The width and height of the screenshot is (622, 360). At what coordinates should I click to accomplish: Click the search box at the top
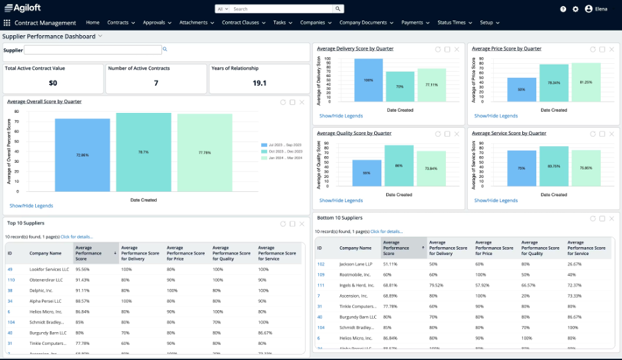pyautogui.click(x=282, y=9)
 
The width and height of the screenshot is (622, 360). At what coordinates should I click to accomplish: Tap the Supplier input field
pyautogui.click(x=93, y=50)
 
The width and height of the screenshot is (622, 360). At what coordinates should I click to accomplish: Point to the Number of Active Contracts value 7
pyautogui.click(x=156, y=83)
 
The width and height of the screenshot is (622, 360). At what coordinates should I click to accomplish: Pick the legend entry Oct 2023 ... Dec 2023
pyautogui.click(x=284, y=151)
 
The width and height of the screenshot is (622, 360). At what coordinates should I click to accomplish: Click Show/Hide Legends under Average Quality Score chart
pyautogui.click(x=341, y=200)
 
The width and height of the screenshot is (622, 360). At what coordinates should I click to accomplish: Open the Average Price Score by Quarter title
pyautogui.click(x=506, y=48)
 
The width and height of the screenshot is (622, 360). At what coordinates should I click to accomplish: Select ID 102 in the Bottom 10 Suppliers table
pyautogui.click(x=320, y=264)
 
